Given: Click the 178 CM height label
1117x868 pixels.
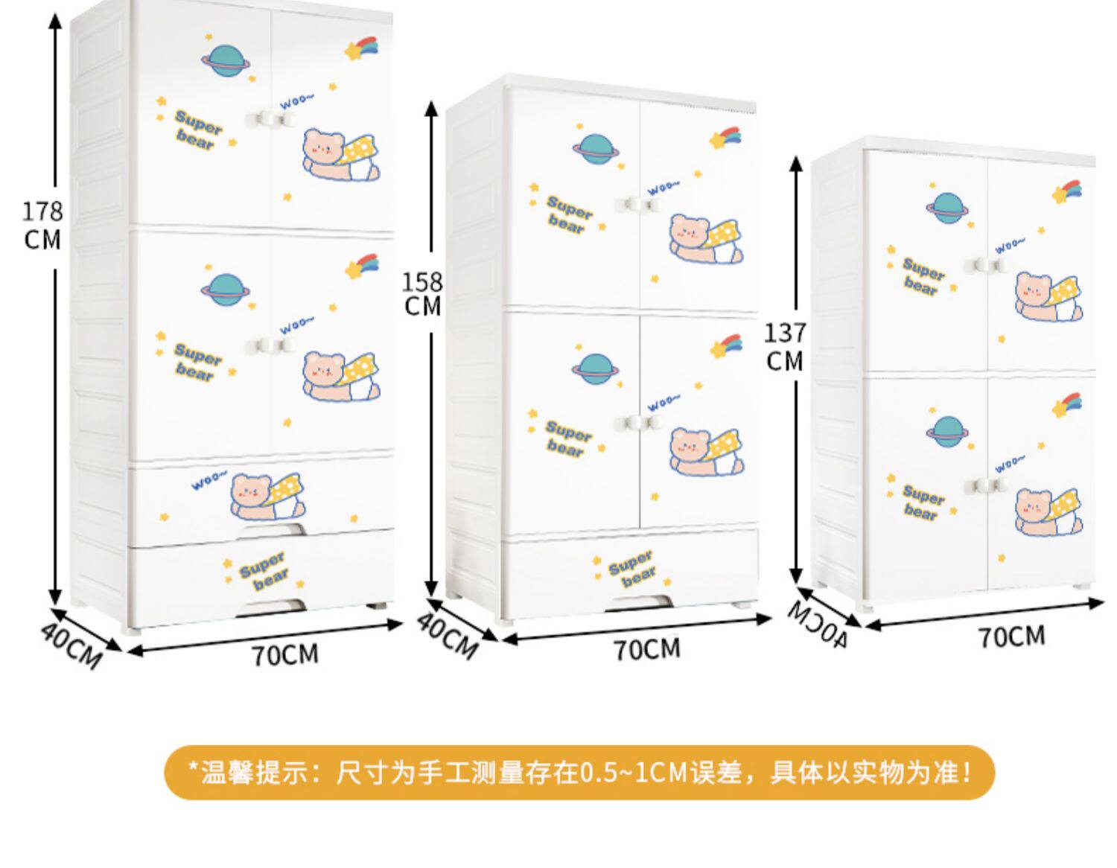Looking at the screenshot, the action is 42,225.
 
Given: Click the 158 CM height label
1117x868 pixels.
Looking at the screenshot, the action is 422,293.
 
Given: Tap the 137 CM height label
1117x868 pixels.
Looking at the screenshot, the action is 784,346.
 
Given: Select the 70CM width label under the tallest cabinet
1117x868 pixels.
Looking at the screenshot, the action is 284,654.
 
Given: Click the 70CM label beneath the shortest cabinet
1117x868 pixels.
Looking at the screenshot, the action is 1011,636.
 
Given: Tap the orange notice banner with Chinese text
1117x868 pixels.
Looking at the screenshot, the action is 579,772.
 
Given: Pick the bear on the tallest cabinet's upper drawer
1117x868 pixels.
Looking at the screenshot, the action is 267,496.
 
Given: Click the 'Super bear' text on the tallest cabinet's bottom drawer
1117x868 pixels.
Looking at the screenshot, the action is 264,570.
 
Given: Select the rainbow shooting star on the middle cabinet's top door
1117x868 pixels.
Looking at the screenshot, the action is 727,138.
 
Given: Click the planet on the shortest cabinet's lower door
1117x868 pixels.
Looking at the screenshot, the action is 948,430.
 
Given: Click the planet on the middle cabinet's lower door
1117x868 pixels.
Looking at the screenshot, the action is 594,368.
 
